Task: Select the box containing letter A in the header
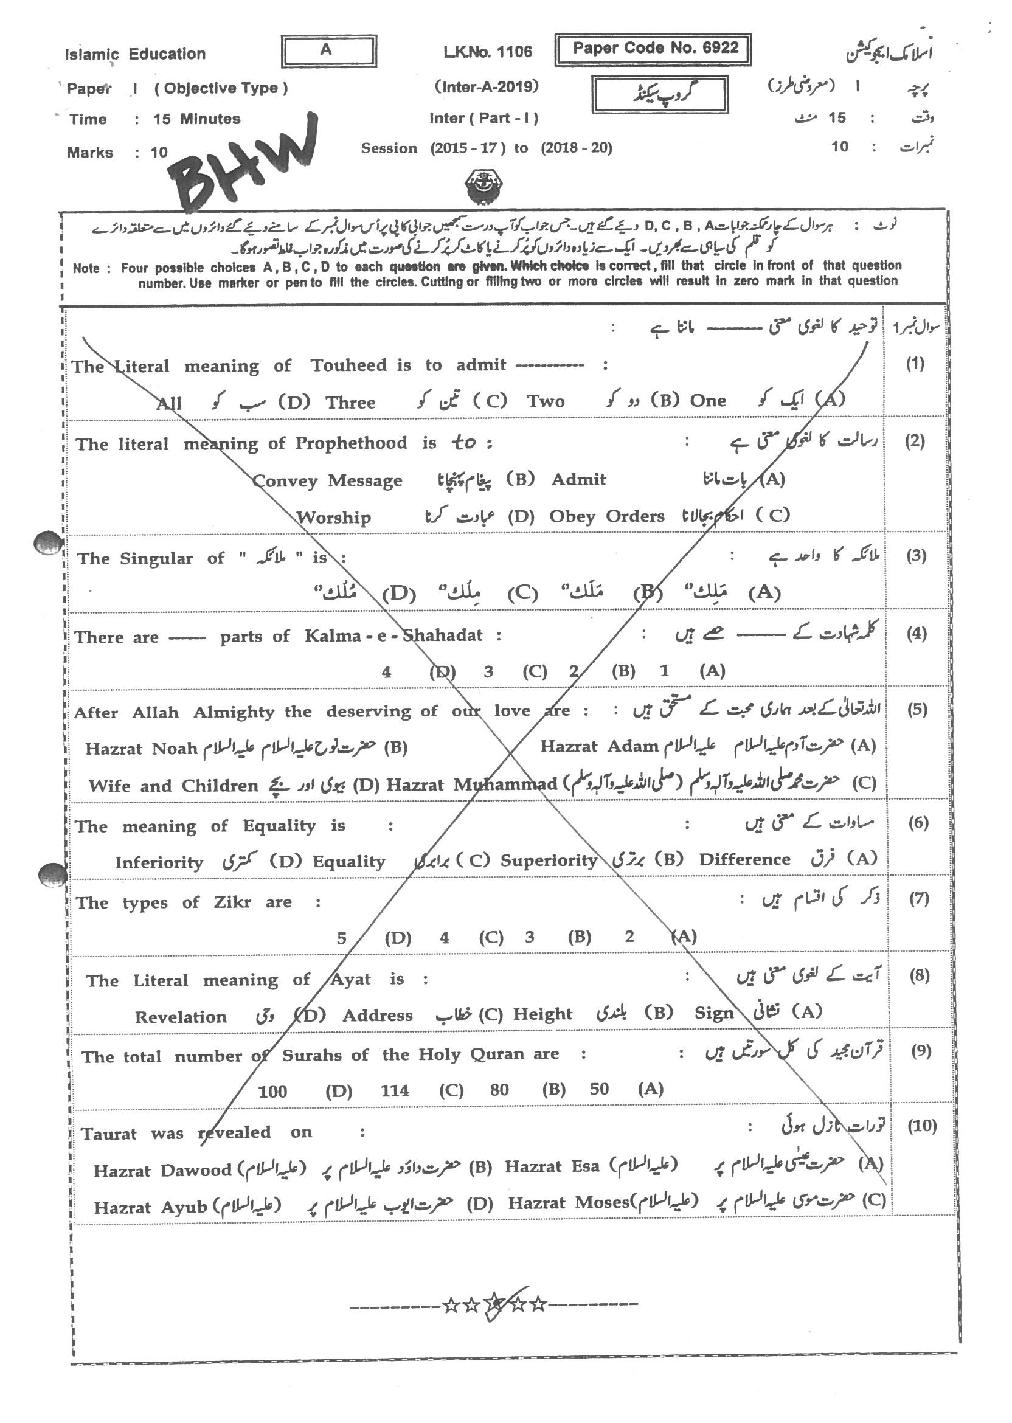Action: coord(328,50)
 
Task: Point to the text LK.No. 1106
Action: coord(488,52)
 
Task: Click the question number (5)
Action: coord(917,709)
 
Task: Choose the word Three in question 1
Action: coord(350,403)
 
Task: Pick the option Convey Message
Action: coord(327,481)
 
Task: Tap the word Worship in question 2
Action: coord(333,517)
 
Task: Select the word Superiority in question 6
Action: coord(549,861)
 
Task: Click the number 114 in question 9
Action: coord(395,1090)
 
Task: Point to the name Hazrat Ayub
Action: coord(150,1208)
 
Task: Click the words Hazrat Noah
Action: coord(142,747)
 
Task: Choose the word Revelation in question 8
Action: coord(181,1017)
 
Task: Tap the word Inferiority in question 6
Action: coord(159,863)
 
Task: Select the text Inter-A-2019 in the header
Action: coord(486,87)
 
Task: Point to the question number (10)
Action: coord(921,1126)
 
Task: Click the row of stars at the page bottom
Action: coord(494,1303)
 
